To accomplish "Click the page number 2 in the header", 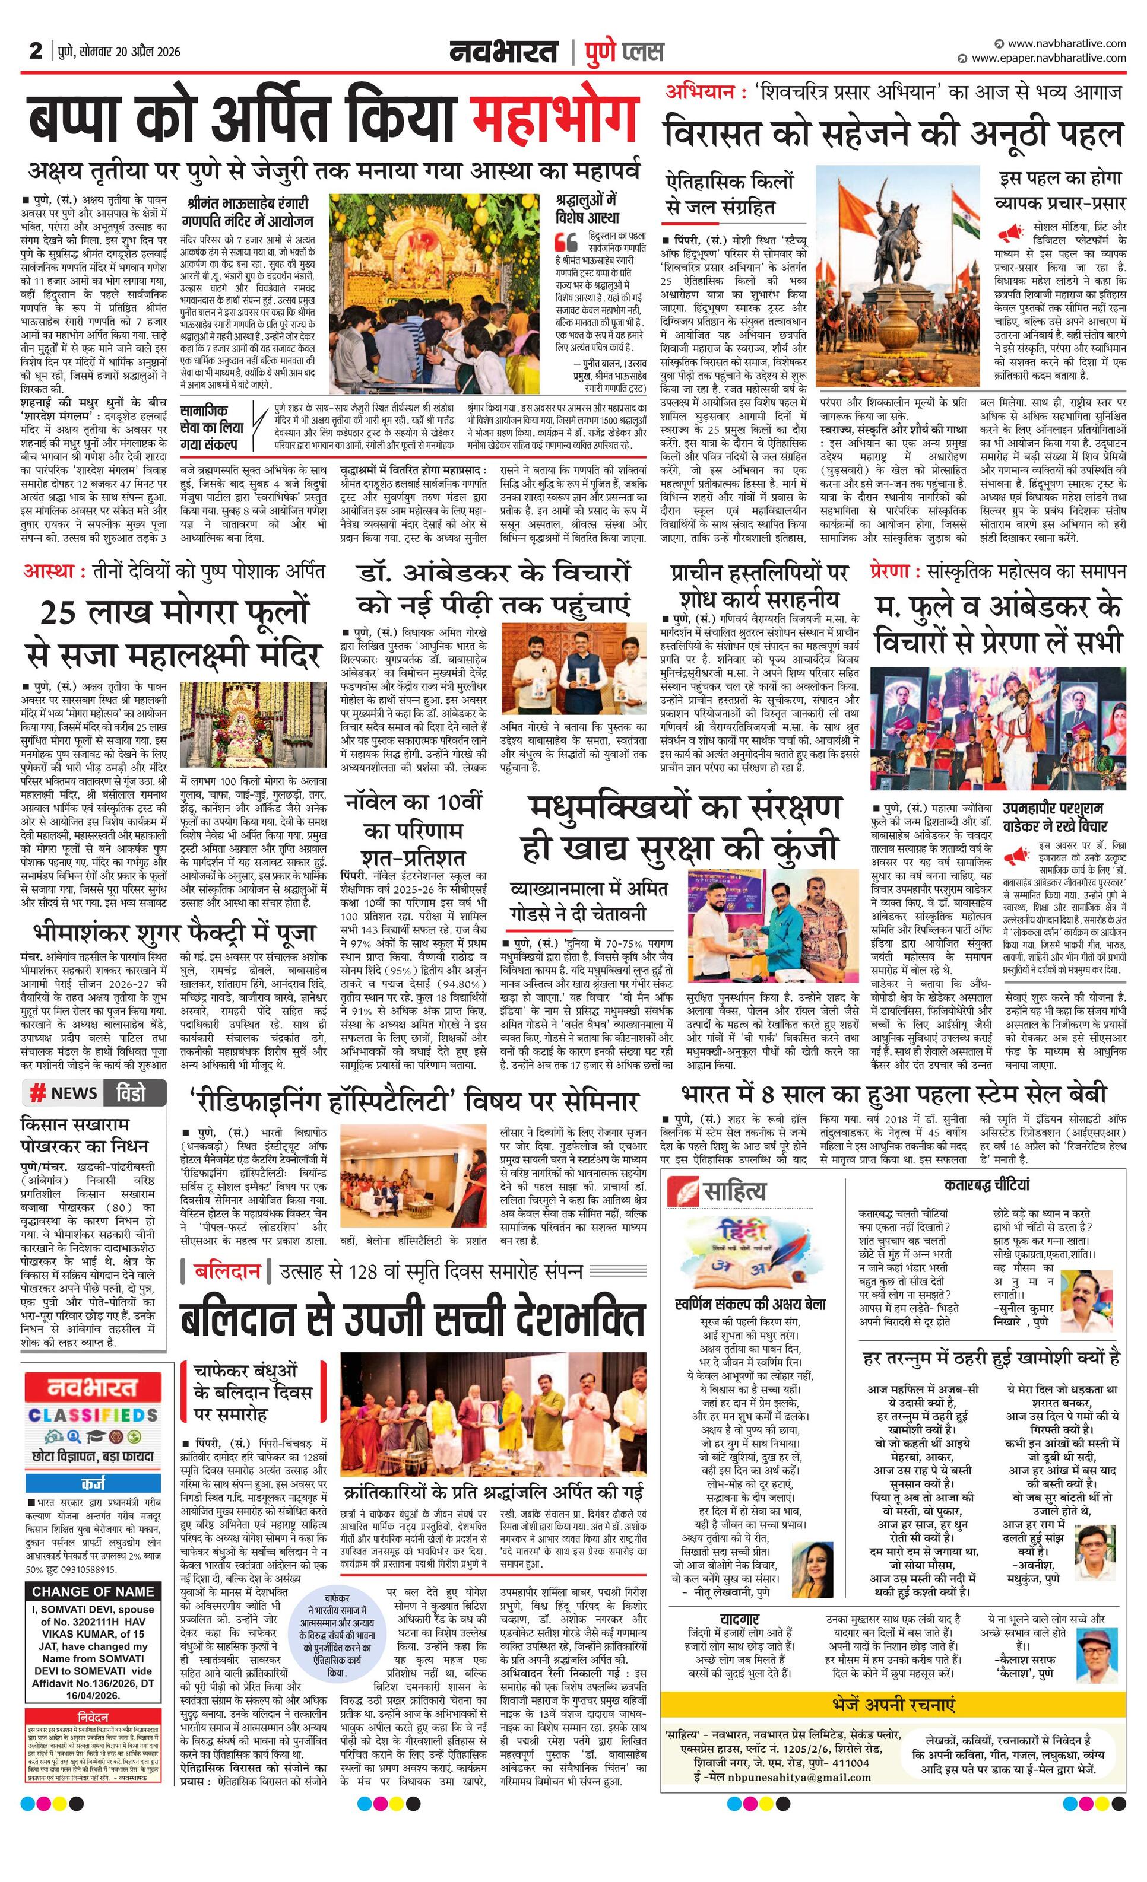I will [35, 51].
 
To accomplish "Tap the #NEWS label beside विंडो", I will [64, 1093].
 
